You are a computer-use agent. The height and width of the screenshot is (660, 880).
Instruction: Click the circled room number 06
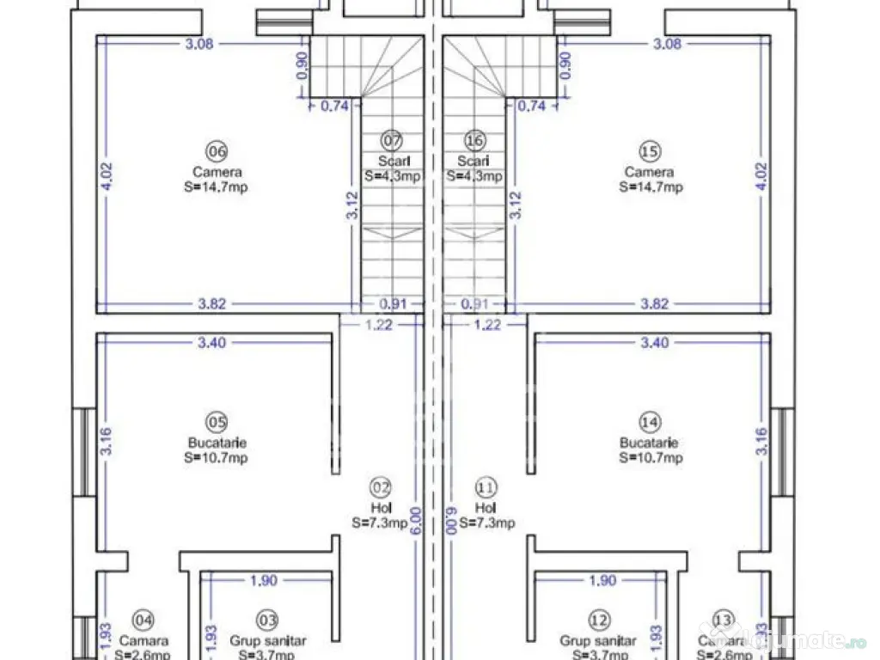coord(217,151)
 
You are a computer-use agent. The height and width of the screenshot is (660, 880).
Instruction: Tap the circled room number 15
coord(651,151)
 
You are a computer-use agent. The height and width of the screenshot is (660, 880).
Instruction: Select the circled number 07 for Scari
coord(392,140)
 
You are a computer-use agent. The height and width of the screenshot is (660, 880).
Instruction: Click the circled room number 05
coord(217,422)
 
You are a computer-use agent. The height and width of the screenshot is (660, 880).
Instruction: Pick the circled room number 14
coord(651,422)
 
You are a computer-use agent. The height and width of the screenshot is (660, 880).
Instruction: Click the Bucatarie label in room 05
coord(217,443)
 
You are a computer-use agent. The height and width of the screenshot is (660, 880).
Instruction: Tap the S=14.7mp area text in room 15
coord(651,187)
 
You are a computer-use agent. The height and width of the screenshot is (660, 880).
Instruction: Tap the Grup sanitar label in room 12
coord(598,641)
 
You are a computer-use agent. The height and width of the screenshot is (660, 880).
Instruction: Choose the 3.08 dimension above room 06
coord(199,44)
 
